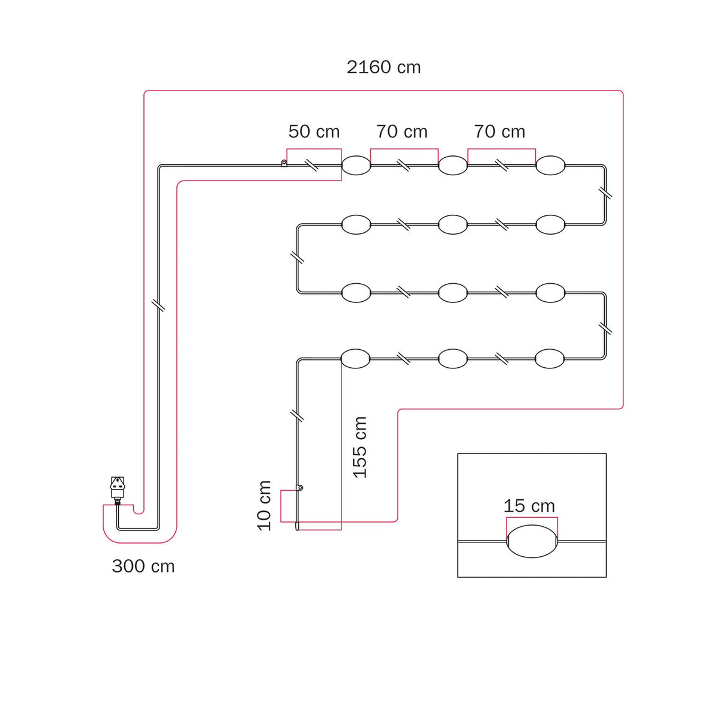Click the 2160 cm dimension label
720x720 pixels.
[383, 68]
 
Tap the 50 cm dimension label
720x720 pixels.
[314, 131]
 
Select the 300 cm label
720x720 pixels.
[143, 566]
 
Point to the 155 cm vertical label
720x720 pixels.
[360, 447]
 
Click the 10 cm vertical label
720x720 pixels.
[264, 506]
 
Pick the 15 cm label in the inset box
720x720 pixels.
[529, 506]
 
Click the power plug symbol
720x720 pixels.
[118, 489]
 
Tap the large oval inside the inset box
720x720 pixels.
[532, 541]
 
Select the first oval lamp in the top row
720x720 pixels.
[356, 165]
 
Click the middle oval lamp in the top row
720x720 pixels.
[452, 165]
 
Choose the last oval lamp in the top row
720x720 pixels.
[550, 165]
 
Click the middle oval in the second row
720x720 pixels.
[452, 224]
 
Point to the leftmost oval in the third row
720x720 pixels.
[356, 293]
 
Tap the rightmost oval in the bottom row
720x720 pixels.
[550, 359]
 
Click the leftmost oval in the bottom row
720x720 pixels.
[356, 359]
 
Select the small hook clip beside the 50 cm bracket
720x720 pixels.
[284, 163]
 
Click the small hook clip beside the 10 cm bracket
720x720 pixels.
[299, 488]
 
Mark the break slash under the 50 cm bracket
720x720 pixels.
[313, 165]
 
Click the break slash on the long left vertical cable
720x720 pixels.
[158, 305]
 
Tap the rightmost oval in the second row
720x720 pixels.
[550, 224]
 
